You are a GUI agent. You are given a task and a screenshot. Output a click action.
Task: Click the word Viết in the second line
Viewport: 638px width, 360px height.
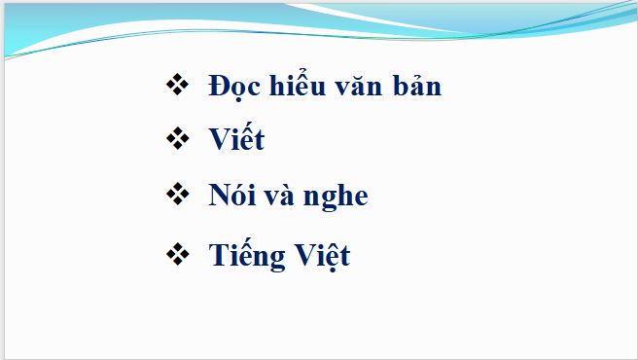pos(236,140)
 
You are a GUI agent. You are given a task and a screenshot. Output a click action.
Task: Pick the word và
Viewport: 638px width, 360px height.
pos(281,196)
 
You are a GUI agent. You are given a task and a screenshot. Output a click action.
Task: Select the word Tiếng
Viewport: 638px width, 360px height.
pos(246,257)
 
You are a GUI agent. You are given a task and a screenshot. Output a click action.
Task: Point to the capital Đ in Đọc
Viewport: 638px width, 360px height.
pos(219,87)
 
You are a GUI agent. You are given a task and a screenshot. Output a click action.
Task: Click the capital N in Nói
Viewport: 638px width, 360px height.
pos(219,196)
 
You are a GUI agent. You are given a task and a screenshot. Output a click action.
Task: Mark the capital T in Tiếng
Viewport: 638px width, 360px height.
pos(218,257)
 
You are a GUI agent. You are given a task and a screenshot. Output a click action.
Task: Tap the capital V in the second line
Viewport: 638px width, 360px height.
pos(220,140)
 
